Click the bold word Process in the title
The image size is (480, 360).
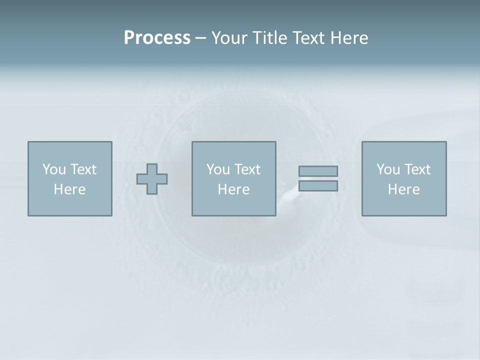pyautogui.click(x=157, y=38)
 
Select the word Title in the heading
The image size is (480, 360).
pyautogui.click(x=270, y=38)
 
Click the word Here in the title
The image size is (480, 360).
pyautogui.click(x=349, y=38)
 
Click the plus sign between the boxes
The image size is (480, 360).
pyautogui.click(x=152, y=179)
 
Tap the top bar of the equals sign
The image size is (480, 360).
pyautogui.click(x=318, y=171)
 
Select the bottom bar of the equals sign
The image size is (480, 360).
pyautogui.click(x=318, y=186)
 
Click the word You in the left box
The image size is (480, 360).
pyautogui.click(x=53, y=169)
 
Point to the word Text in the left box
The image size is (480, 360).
pyautogui.click(x=83, y=169)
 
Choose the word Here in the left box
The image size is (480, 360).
pyautogui.click(x=69, y=189)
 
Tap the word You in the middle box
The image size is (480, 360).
pyautogui.click(x=217, y=169)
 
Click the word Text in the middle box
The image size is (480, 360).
pyautogui.click(x=247, y=169)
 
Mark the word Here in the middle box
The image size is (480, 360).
pyautogui.click(x=233, y=189)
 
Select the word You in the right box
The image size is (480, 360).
pyautogui.click(x=387, y=169)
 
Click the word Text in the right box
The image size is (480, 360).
pyautogui.click(x=417, y=169)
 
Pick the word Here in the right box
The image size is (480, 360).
pyautogui.click(x=403, y=189)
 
